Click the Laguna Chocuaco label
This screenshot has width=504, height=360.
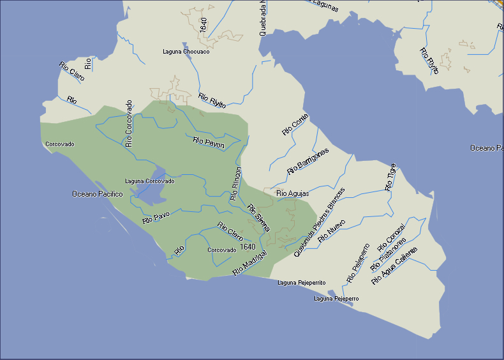(186, 52)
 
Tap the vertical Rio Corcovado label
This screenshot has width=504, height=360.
(129, 123)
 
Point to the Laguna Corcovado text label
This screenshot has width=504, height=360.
(149, 181)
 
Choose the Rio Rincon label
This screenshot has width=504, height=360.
(236, 184)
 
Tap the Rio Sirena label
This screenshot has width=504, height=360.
(259, 217)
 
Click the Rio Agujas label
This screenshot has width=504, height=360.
(292, 193)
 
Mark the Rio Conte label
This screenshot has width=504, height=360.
(295, 124)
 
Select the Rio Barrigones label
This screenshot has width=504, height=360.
(308, 161)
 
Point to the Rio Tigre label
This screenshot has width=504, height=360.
(391, 177)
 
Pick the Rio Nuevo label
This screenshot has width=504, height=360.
(331, 230)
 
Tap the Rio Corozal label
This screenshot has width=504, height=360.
(391, 237)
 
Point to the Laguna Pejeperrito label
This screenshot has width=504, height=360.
(302, 282)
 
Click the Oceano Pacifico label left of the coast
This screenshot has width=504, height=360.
(97, 194)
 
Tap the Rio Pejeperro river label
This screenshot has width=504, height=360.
(358, 263)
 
